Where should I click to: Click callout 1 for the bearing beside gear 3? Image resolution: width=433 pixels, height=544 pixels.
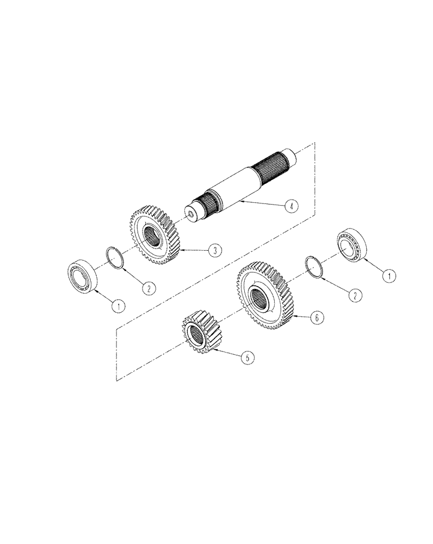[116, 306]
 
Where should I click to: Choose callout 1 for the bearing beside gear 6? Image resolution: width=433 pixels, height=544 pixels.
[389, 277]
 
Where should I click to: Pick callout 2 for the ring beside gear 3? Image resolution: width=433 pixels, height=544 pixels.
[147, 288]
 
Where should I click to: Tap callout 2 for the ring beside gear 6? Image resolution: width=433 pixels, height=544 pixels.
[354, 295]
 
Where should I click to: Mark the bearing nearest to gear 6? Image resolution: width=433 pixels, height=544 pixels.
[352, 244]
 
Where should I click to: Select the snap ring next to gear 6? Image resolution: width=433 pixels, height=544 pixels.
[314, 266]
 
